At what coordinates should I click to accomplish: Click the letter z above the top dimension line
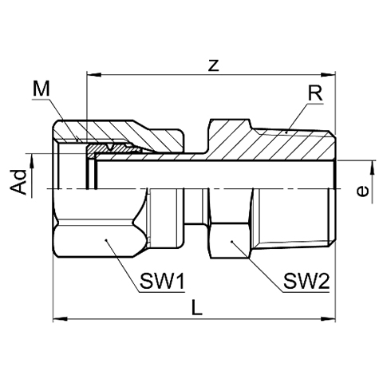213,65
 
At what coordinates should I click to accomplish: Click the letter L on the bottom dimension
197,307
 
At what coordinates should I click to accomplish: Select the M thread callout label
41,89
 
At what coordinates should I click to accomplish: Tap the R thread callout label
315,93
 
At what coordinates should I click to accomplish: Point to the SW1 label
162,282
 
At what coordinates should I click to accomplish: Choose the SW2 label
306,282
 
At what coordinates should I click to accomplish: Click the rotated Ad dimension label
18,182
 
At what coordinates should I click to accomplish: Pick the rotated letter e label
362,191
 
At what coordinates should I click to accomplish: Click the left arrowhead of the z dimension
94,75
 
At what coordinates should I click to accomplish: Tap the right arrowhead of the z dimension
328,75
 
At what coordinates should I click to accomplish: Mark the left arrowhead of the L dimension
61,318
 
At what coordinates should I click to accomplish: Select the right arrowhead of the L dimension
328,318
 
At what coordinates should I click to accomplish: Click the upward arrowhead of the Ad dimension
32,161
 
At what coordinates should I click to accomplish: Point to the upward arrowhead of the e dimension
373,168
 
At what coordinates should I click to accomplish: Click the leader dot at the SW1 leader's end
106,240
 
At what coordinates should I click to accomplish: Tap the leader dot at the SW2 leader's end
231,242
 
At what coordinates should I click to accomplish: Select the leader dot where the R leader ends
286,132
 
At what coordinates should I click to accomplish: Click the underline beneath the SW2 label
306,292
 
